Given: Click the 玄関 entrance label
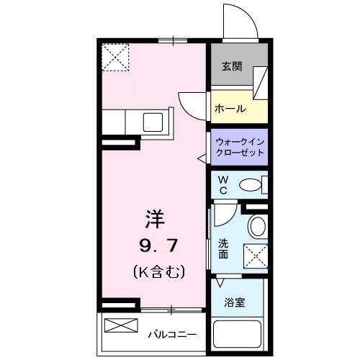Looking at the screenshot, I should (231, 67).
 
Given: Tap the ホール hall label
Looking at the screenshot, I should (230, 109).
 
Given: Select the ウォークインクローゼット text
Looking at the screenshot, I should (240, 147).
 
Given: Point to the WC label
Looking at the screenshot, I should (223, 184).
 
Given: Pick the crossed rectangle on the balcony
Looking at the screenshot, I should (120, 325).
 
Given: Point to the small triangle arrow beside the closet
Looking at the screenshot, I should (202, 156).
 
